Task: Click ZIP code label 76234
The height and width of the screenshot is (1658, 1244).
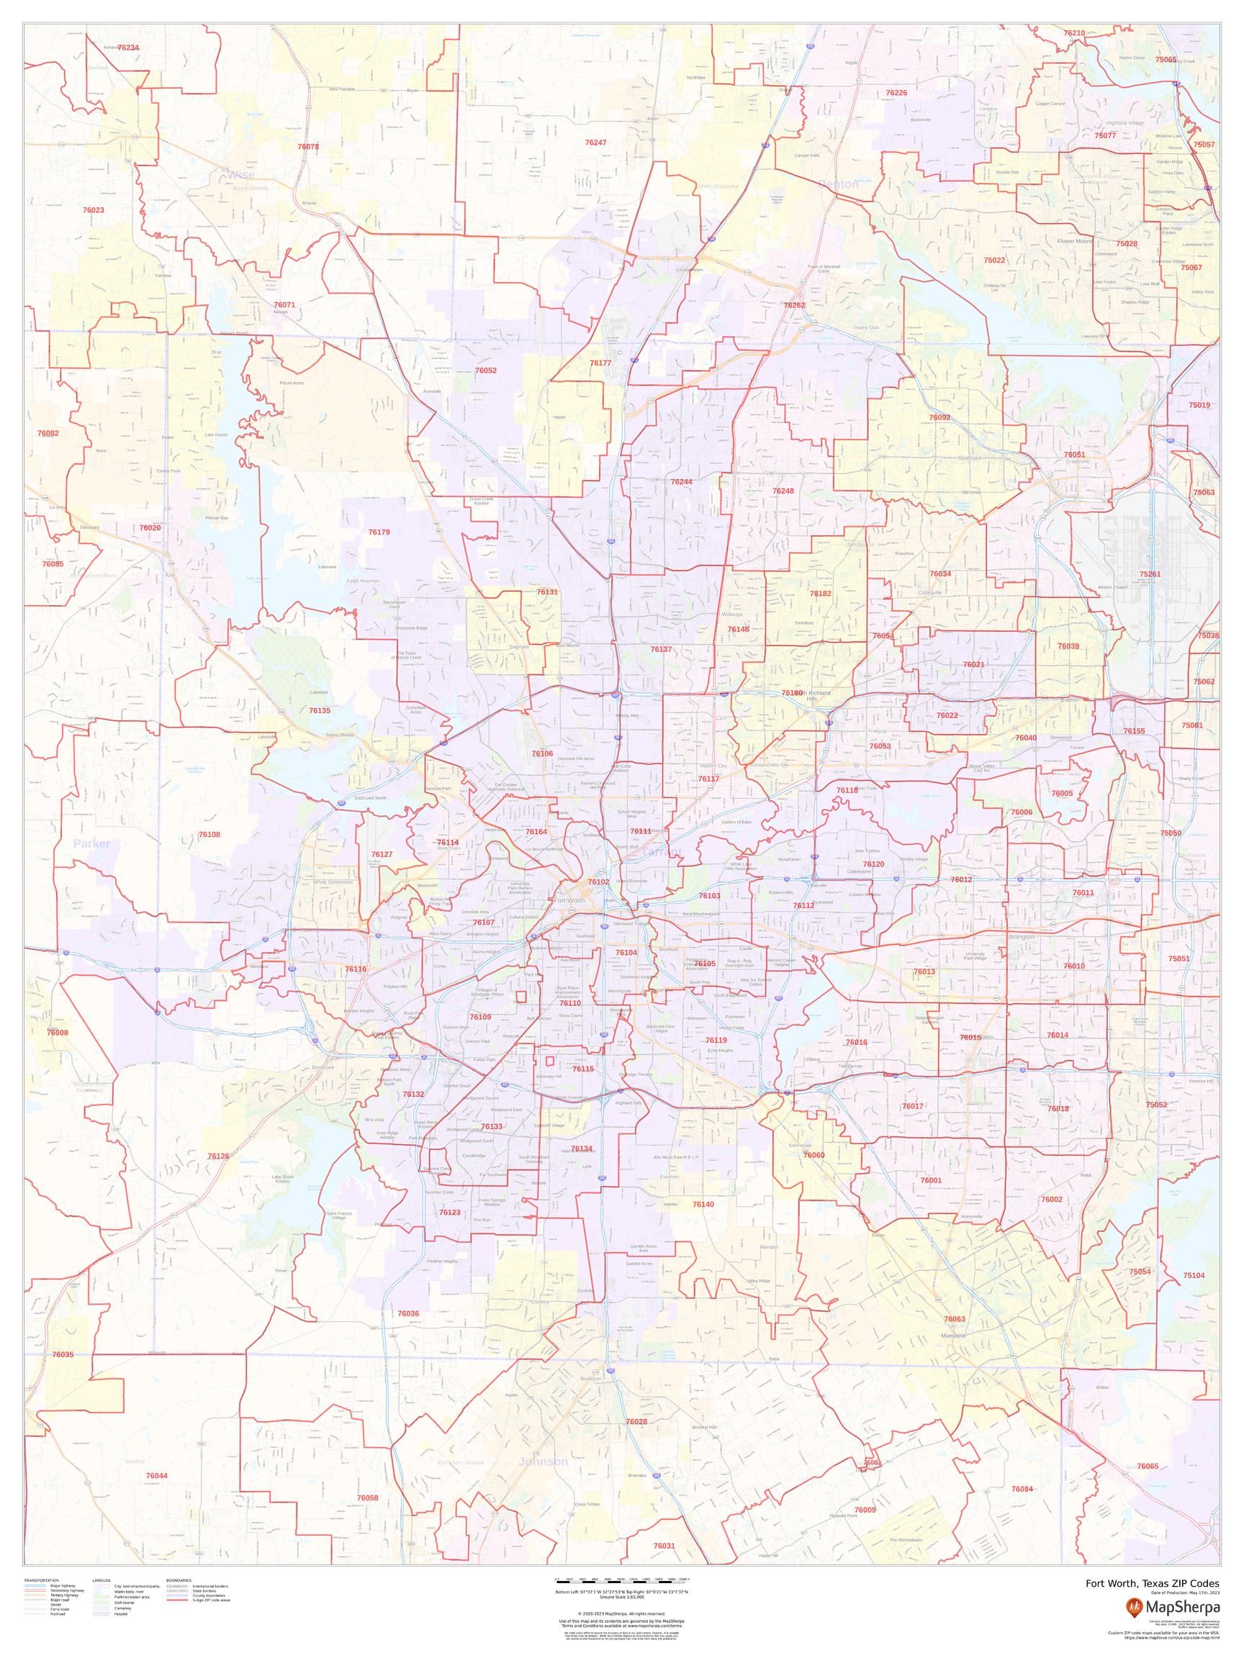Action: [128, 47]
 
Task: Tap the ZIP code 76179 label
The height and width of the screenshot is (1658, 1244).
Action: [379, 531]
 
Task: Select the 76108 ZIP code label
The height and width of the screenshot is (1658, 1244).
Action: [209, 834]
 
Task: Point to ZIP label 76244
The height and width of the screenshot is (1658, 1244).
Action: [682, 481]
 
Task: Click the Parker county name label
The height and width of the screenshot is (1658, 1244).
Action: [92, 843]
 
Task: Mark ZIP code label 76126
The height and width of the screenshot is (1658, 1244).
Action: [218, 1156]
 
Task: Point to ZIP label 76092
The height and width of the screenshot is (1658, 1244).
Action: [939, 417]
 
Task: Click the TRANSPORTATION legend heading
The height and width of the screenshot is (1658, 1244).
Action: [41, 1575]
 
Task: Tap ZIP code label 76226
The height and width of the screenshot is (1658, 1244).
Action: [896, 93]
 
